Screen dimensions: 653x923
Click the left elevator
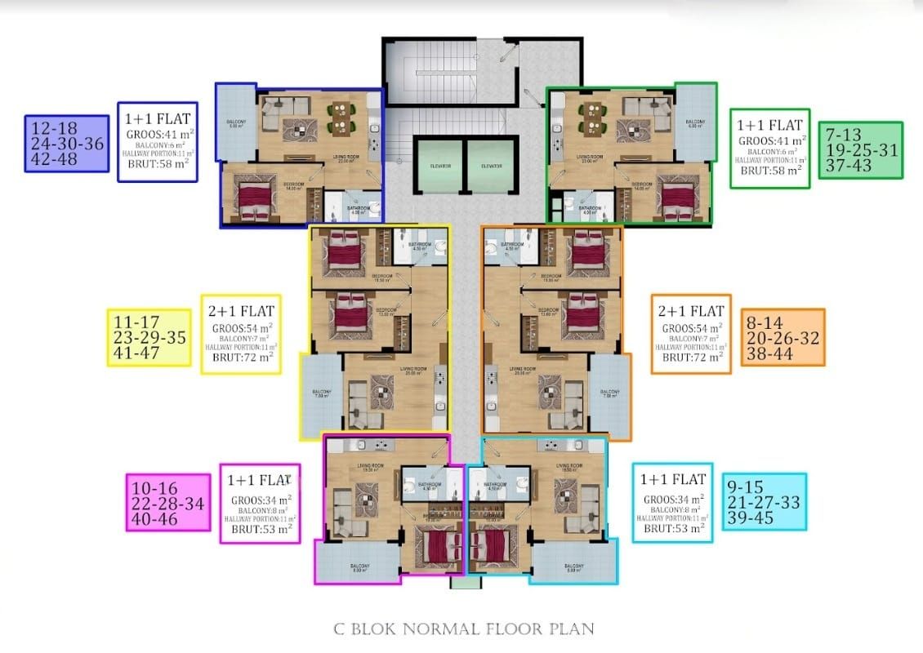(x=437, y=166)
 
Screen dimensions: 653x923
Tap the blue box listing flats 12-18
(x=66, y=143)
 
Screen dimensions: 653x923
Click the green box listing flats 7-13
(x=861, y=150)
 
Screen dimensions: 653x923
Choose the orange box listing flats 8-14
(x=783, y=337)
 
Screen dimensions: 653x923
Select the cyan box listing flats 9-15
(x=764, y=502)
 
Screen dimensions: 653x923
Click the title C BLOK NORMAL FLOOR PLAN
(x=463, y=629)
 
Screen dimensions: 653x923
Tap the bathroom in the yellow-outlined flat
(x=420, y=246)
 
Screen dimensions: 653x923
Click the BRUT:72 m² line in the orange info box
(x=691, y=357)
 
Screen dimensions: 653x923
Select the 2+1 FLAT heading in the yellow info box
(x=242, y=311)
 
